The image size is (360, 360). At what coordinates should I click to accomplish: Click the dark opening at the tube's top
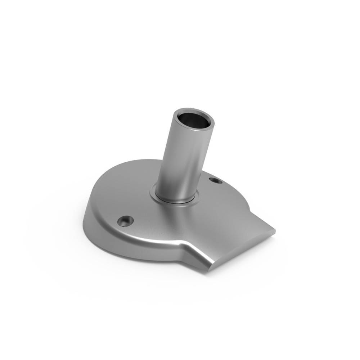194,122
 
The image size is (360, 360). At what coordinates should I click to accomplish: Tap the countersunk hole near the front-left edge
126,220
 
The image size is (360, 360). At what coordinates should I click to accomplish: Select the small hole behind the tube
216,180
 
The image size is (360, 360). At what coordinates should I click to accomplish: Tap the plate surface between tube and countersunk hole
144,209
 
